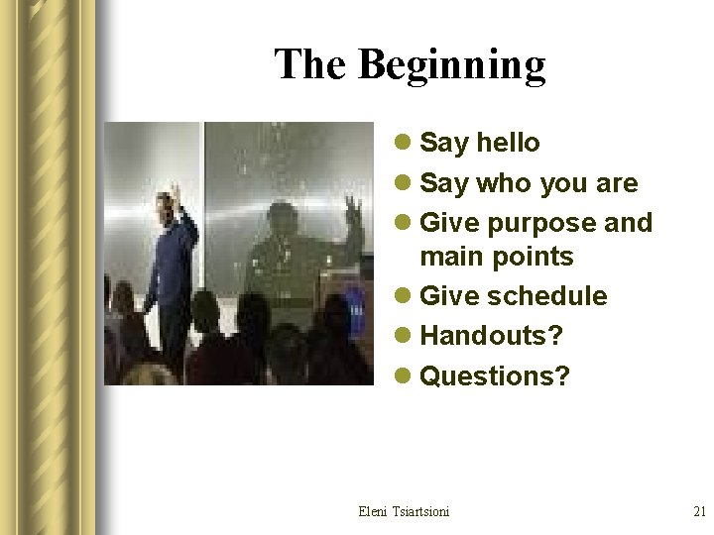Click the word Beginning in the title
tap(451, 65)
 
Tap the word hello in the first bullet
tap(508, 143)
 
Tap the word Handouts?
tap(491, 336)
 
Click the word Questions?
tap(495, 375)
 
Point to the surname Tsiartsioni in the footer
tap(421, 511)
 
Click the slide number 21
tap(698, 511)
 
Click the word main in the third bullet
tap(447, 257)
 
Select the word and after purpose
tap(629, 223)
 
